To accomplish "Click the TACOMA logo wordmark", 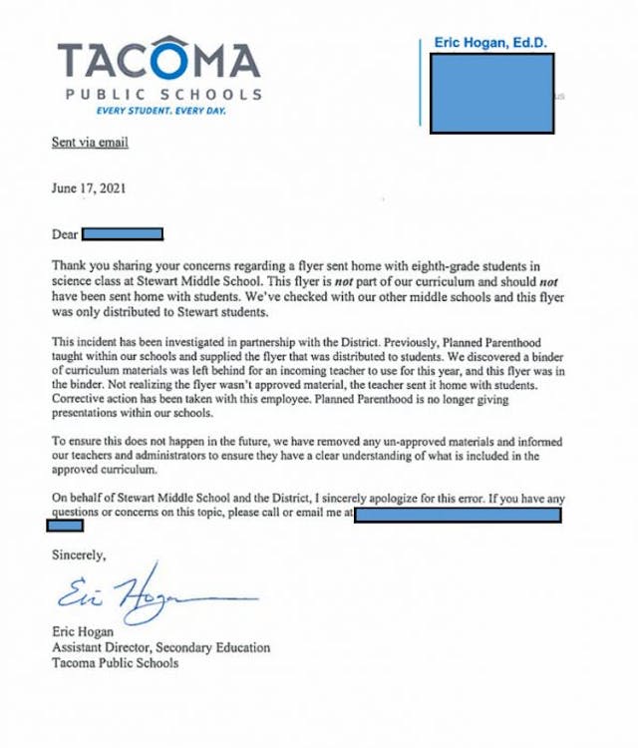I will click(x=159, y=61).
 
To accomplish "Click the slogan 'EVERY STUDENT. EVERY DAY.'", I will click(x=159, y=110).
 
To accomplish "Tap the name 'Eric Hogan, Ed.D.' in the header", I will click(x=489, y=43).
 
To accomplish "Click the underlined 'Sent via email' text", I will click(x=90, y=143).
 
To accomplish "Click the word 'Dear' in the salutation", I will click(x=64, y=235).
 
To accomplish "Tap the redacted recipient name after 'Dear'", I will click(x=122, y=235).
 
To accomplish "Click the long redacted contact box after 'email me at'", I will click(x=458, y=513).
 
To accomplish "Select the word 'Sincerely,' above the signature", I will click(x=79, y=555).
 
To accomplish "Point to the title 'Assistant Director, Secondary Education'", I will click(x=160, y=647).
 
